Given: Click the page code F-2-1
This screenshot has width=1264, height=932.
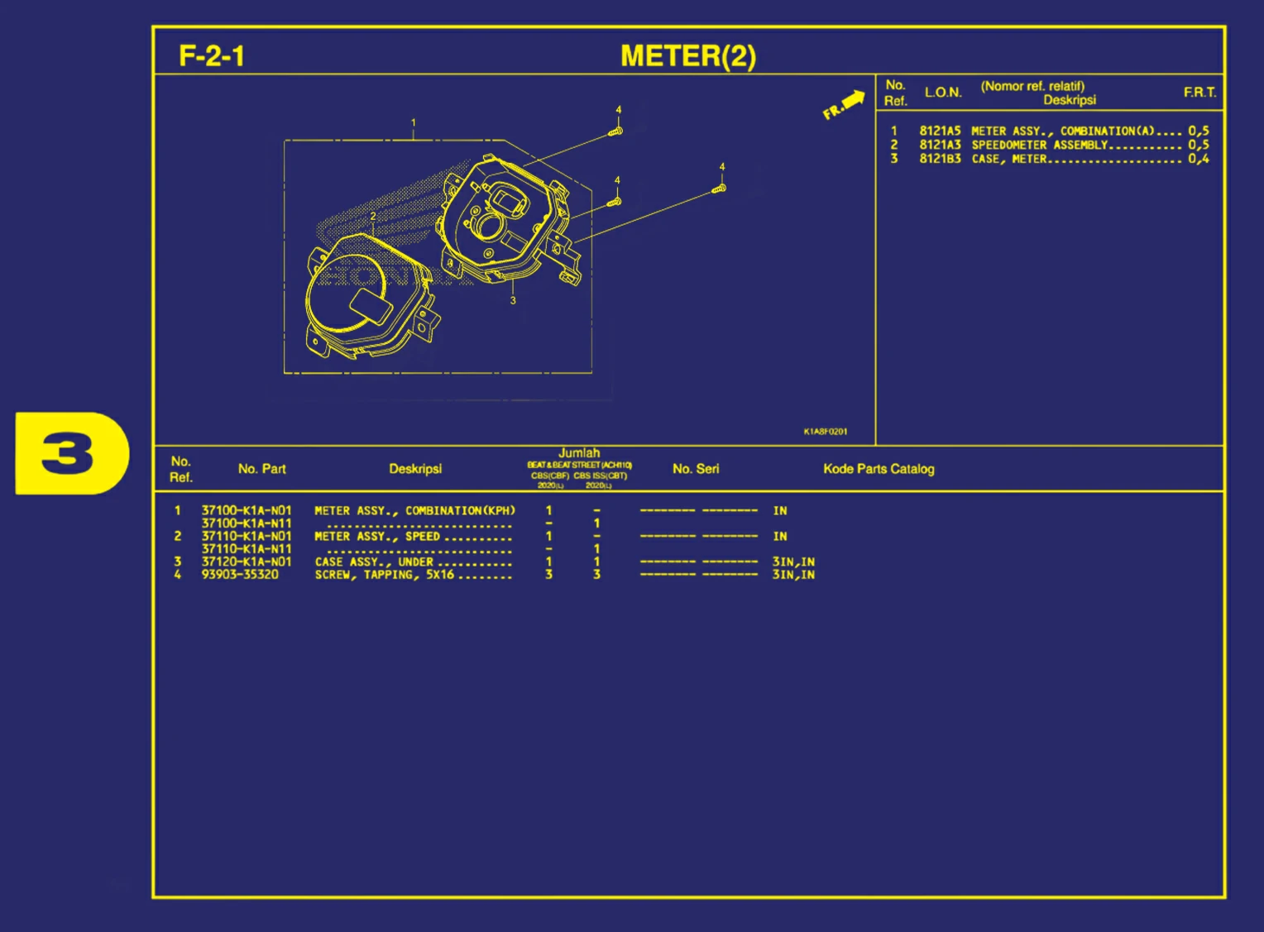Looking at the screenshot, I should [x=212, y=56].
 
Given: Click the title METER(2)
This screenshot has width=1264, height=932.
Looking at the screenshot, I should [x=688, y=56].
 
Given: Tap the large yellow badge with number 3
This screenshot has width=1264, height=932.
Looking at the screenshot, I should [x=72, y=453].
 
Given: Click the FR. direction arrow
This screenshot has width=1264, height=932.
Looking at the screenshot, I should [x=845, y=104].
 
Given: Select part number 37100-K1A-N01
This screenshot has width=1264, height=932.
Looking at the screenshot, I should [x=247, y=510].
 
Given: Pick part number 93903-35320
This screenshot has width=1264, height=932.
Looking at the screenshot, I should [x=240, y=574].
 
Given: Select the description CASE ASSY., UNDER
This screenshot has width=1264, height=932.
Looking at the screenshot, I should [x=374, y=562].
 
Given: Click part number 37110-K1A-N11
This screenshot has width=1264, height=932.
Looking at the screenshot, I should [x=247, y=548].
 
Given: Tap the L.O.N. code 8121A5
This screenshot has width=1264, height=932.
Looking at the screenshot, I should [x=940, y=131].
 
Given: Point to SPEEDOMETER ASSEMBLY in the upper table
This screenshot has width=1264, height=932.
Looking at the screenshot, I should [x=1039, y=145].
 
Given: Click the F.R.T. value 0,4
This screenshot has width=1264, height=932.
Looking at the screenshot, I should [x=1199, y=159].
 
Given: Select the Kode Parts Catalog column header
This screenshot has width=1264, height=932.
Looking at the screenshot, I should [x=879, y=469].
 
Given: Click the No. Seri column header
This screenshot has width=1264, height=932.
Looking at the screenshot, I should [x=696, y=469].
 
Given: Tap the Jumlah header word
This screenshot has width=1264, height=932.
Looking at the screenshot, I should [x=579, y=453].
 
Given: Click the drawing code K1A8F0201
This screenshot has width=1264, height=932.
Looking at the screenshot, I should [x=825, y=432].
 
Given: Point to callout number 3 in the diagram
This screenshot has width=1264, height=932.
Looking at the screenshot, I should [x=513, y=300].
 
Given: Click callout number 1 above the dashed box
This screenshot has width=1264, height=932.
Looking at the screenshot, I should [x=414, y=122].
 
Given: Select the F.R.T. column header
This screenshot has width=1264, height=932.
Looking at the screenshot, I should [x=1199, y=93].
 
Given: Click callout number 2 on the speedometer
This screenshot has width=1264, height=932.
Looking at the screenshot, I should [x=373, y=217].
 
